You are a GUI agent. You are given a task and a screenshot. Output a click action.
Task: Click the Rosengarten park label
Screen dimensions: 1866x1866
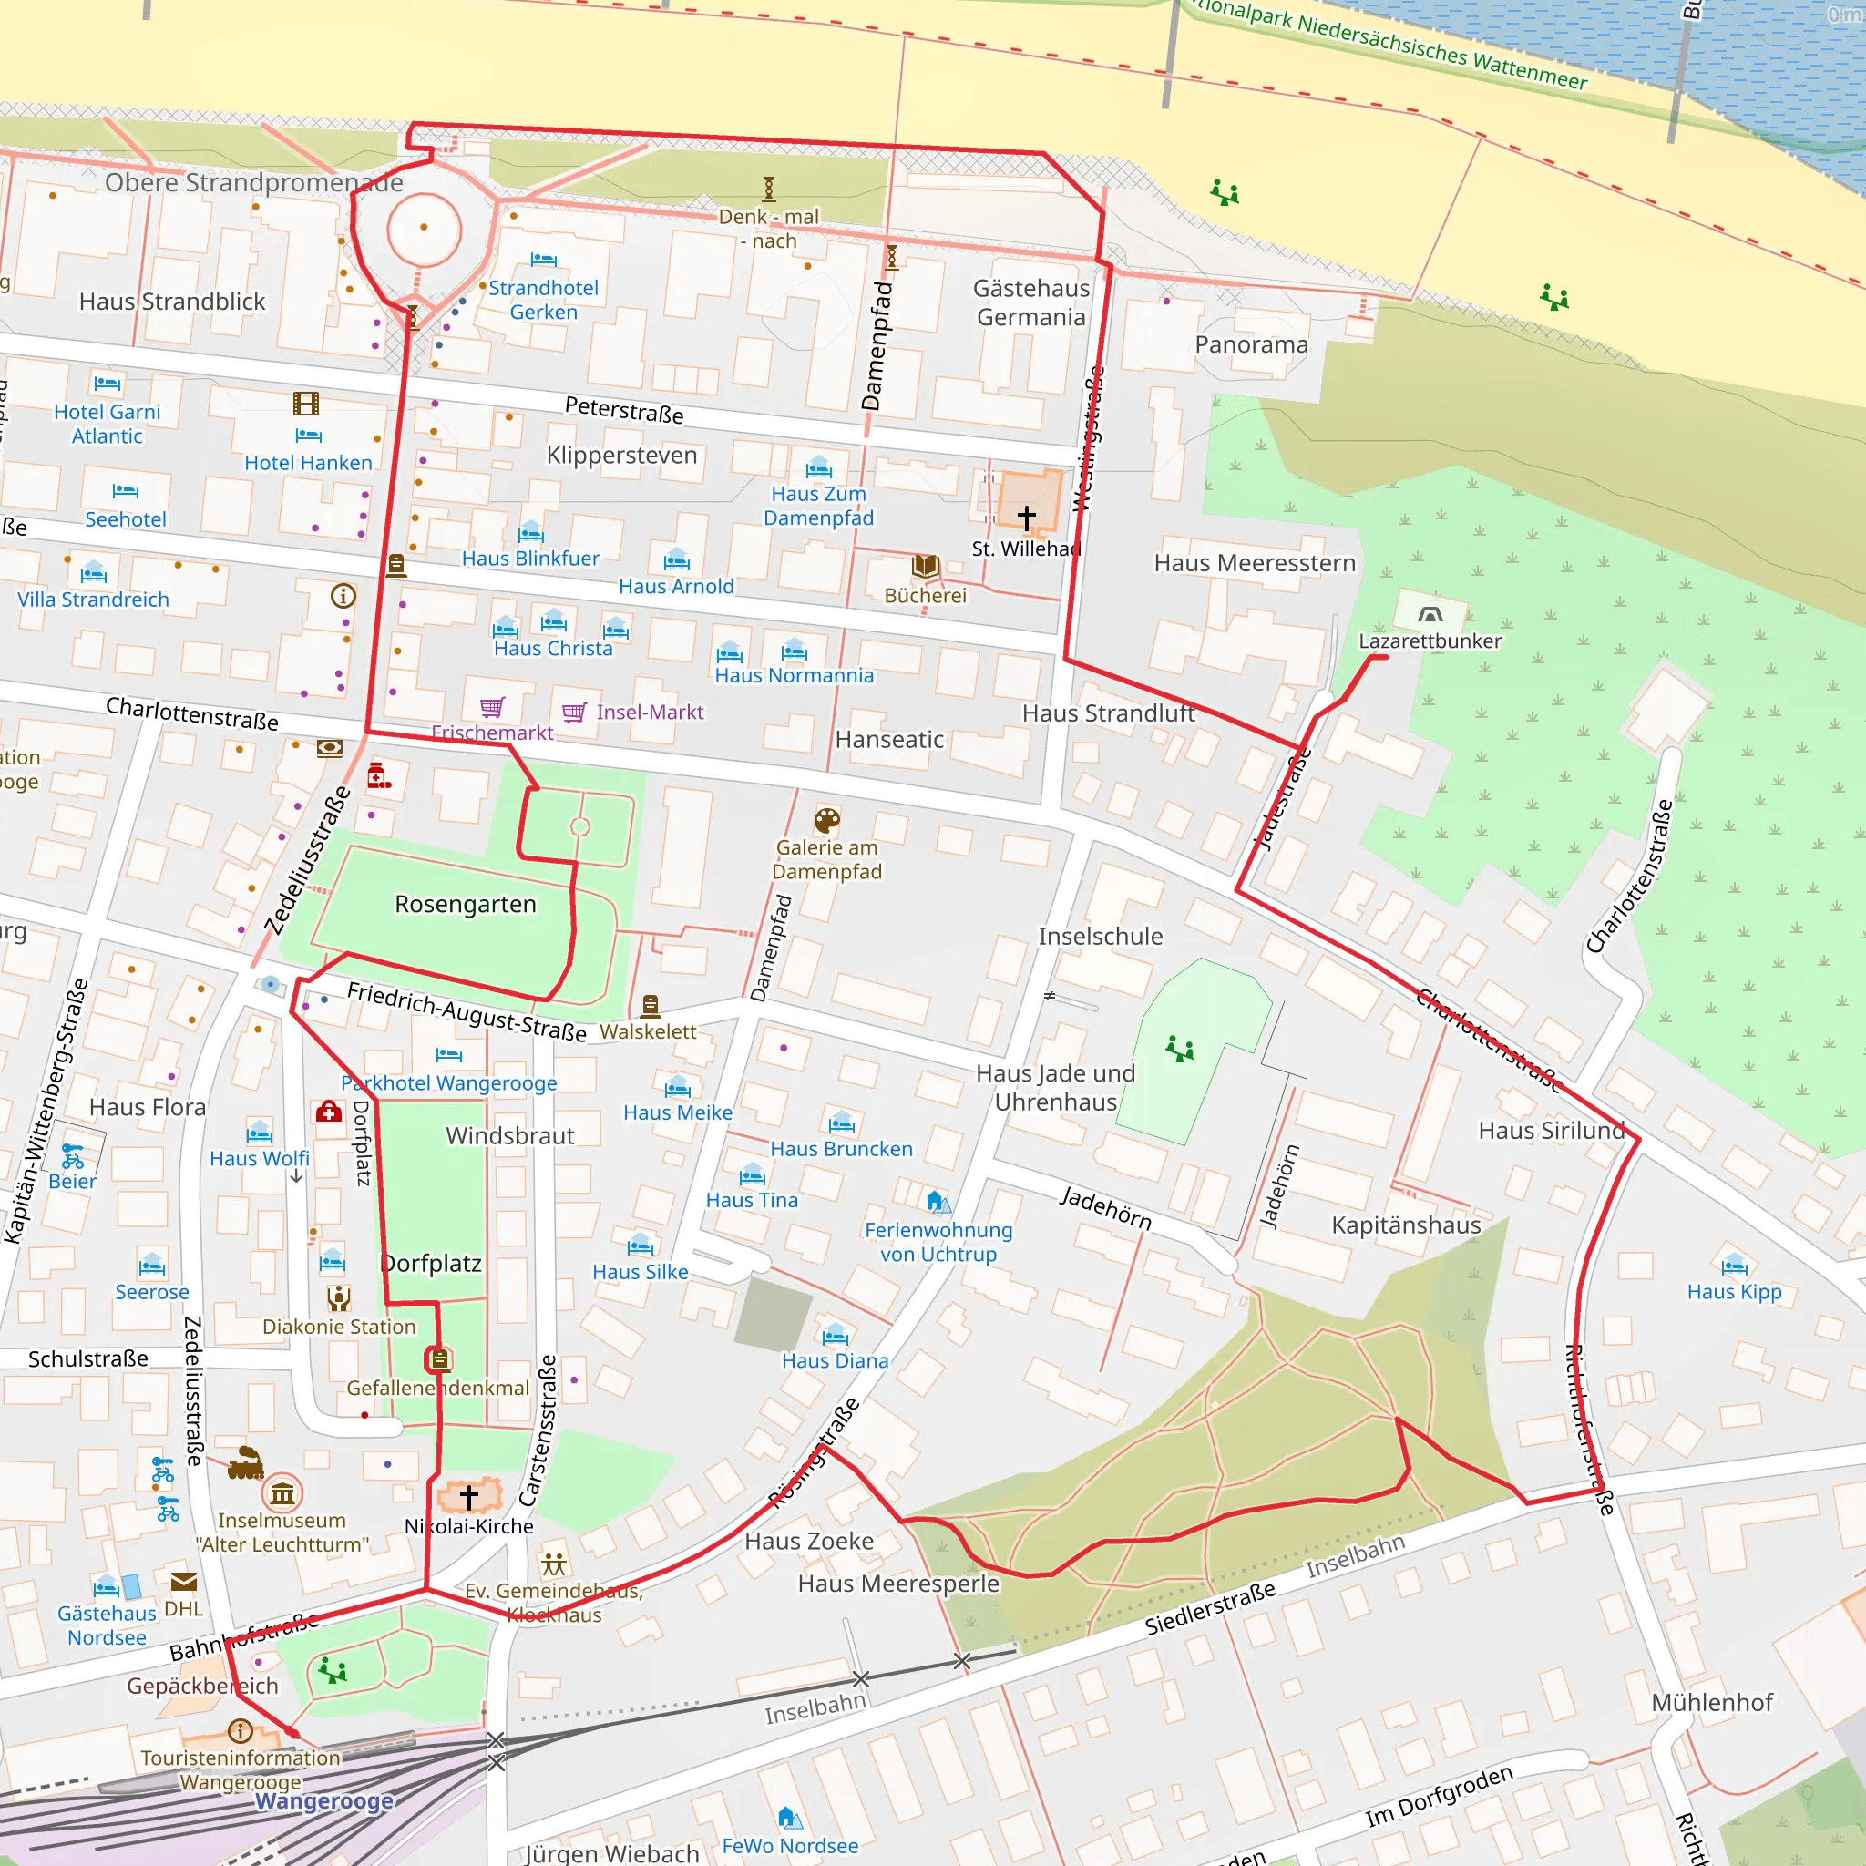click(465, 904)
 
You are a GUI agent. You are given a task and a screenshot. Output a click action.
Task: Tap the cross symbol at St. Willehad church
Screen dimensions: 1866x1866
click(1026, 518)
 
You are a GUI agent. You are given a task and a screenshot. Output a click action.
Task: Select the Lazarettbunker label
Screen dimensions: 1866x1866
click(1430, 641)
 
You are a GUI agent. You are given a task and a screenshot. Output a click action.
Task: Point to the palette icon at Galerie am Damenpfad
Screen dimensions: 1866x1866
click(826, 820)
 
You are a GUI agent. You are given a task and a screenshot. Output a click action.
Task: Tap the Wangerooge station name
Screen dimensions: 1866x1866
click(324, 1801)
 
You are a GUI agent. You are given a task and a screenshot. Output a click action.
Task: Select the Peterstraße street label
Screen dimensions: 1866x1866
click(624, 409)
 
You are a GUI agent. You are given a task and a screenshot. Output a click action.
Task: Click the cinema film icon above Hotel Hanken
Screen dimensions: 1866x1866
click(306, 404)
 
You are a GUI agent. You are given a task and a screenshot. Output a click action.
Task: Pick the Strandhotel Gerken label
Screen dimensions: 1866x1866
click(543, 300)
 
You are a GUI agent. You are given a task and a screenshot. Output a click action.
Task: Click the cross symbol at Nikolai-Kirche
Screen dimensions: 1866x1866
click(469, 1497)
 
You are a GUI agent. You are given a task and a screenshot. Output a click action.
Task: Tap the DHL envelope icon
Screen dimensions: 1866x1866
click(183, 1581)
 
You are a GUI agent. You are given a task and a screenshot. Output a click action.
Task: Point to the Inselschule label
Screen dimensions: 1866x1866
click(1100, 936)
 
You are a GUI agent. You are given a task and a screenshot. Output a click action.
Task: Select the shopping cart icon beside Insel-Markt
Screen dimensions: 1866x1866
click(574, 713)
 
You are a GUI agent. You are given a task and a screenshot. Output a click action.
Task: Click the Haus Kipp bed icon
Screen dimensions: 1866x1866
click(1734, 1265)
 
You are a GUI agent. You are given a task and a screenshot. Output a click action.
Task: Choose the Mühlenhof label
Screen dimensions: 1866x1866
click(1711, 1702)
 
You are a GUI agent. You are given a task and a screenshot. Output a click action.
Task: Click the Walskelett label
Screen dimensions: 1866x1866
click(647, 1031)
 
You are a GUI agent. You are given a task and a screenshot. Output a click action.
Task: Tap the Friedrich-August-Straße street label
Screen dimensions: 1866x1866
click(466, 1011)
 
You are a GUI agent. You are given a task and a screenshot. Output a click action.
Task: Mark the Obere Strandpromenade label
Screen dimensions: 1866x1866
click(254, 182)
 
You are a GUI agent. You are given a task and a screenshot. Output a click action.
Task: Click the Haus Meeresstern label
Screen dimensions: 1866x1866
click(1255, 563)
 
